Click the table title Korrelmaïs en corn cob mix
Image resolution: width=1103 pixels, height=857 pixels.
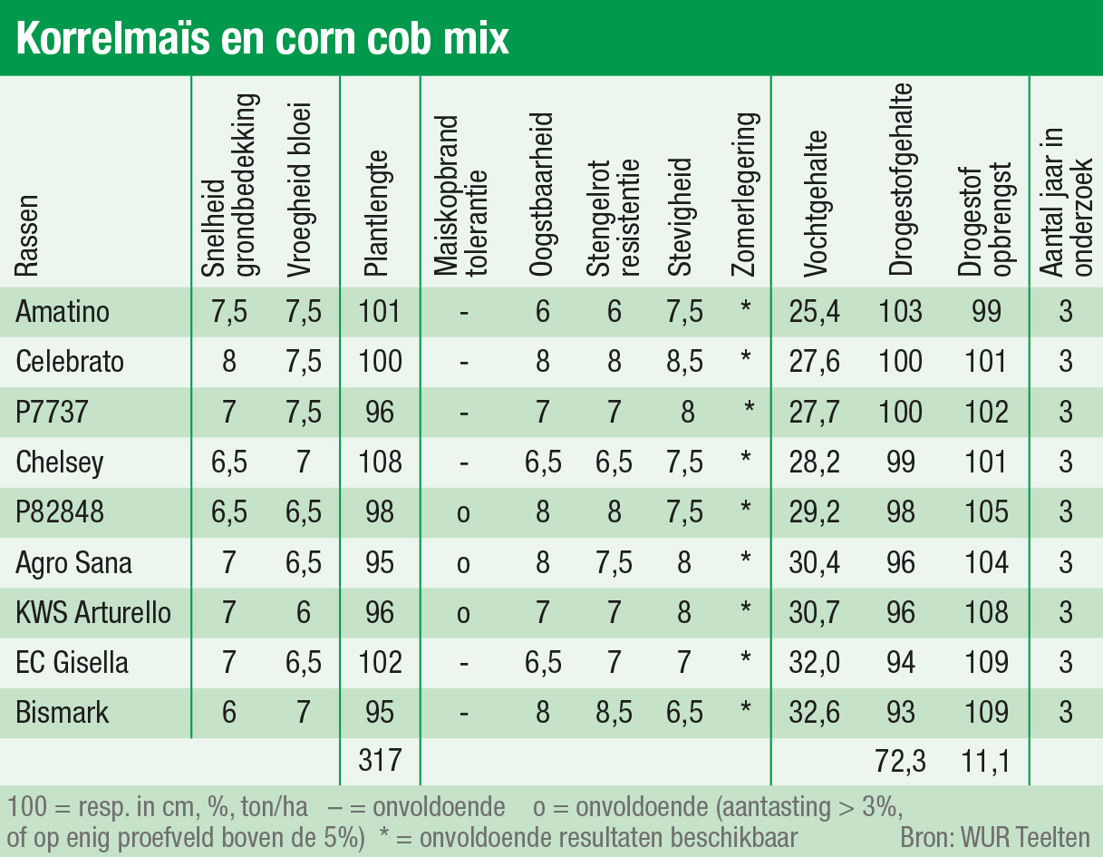[263, 39]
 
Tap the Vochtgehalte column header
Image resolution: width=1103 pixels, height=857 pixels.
[816, 204]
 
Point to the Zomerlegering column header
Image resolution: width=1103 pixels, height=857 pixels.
[746, 195]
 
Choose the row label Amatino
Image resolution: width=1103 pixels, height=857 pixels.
[63, 312]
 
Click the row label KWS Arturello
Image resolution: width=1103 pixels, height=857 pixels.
[93, 612]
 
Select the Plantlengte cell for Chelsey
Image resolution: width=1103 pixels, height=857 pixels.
[380, 463]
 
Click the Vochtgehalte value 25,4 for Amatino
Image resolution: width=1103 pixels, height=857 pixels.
[816, 312]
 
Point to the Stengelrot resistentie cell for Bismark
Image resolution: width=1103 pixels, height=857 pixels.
[614, 712]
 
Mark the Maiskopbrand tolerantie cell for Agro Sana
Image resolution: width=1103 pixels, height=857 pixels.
[463, 563]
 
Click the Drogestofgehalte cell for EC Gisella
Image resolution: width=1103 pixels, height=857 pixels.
[900, 662]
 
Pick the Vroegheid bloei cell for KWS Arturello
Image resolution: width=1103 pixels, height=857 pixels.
[303, 612]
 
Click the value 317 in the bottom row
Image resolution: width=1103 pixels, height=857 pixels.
[380, 759]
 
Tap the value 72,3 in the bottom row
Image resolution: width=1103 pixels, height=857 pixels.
[900, 759]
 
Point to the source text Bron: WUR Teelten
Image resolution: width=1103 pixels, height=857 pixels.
[994, 835]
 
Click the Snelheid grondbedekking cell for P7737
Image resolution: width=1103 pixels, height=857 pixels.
[228, 413]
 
